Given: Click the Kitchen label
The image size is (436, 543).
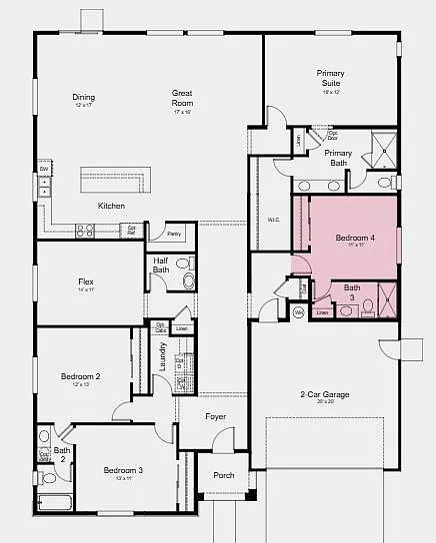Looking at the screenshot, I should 111,206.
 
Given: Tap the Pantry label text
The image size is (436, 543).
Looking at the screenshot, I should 174,234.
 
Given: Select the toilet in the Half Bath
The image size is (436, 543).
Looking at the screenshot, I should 183,264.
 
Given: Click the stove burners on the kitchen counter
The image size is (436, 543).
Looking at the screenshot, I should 85,230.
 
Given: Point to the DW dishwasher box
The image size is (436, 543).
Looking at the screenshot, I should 44,170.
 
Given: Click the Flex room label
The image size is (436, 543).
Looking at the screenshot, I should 86,284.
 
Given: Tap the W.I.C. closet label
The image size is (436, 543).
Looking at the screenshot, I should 273,220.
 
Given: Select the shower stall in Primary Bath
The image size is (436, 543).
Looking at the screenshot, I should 380,152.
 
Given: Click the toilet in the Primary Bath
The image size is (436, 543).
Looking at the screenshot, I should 384,183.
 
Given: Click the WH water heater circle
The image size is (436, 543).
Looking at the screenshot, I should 298,312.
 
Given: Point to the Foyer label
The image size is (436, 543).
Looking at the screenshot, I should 216,416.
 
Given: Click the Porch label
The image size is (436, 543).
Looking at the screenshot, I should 224,475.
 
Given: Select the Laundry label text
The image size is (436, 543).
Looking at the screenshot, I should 163,358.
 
